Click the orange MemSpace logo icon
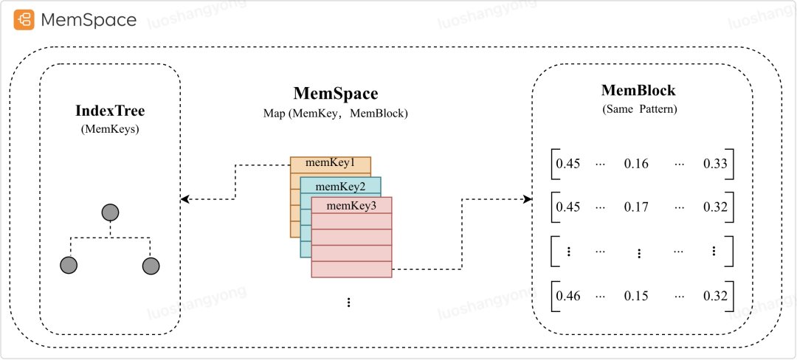coord(24,20)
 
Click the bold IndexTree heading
coord(110,111)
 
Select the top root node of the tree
coord(110,213)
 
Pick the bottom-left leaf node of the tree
coord(69,266)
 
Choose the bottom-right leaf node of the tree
coord(151,266)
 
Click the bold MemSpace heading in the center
coord(336,94)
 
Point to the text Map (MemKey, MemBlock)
coord(336,114)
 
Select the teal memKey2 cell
coord(341,185)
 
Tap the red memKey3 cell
coord(351,205)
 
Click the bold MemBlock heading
coord(638,91)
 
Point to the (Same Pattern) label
coord(638,108)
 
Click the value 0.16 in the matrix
coord(635,164)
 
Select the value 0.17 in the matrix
coord(635,207)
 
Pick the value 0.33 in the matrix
coord(715,164)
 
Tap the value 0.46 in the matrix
coord(568,296)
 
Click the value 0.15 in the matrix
coord(635,296)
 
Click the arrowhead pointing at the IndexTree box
coord(185,199)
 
